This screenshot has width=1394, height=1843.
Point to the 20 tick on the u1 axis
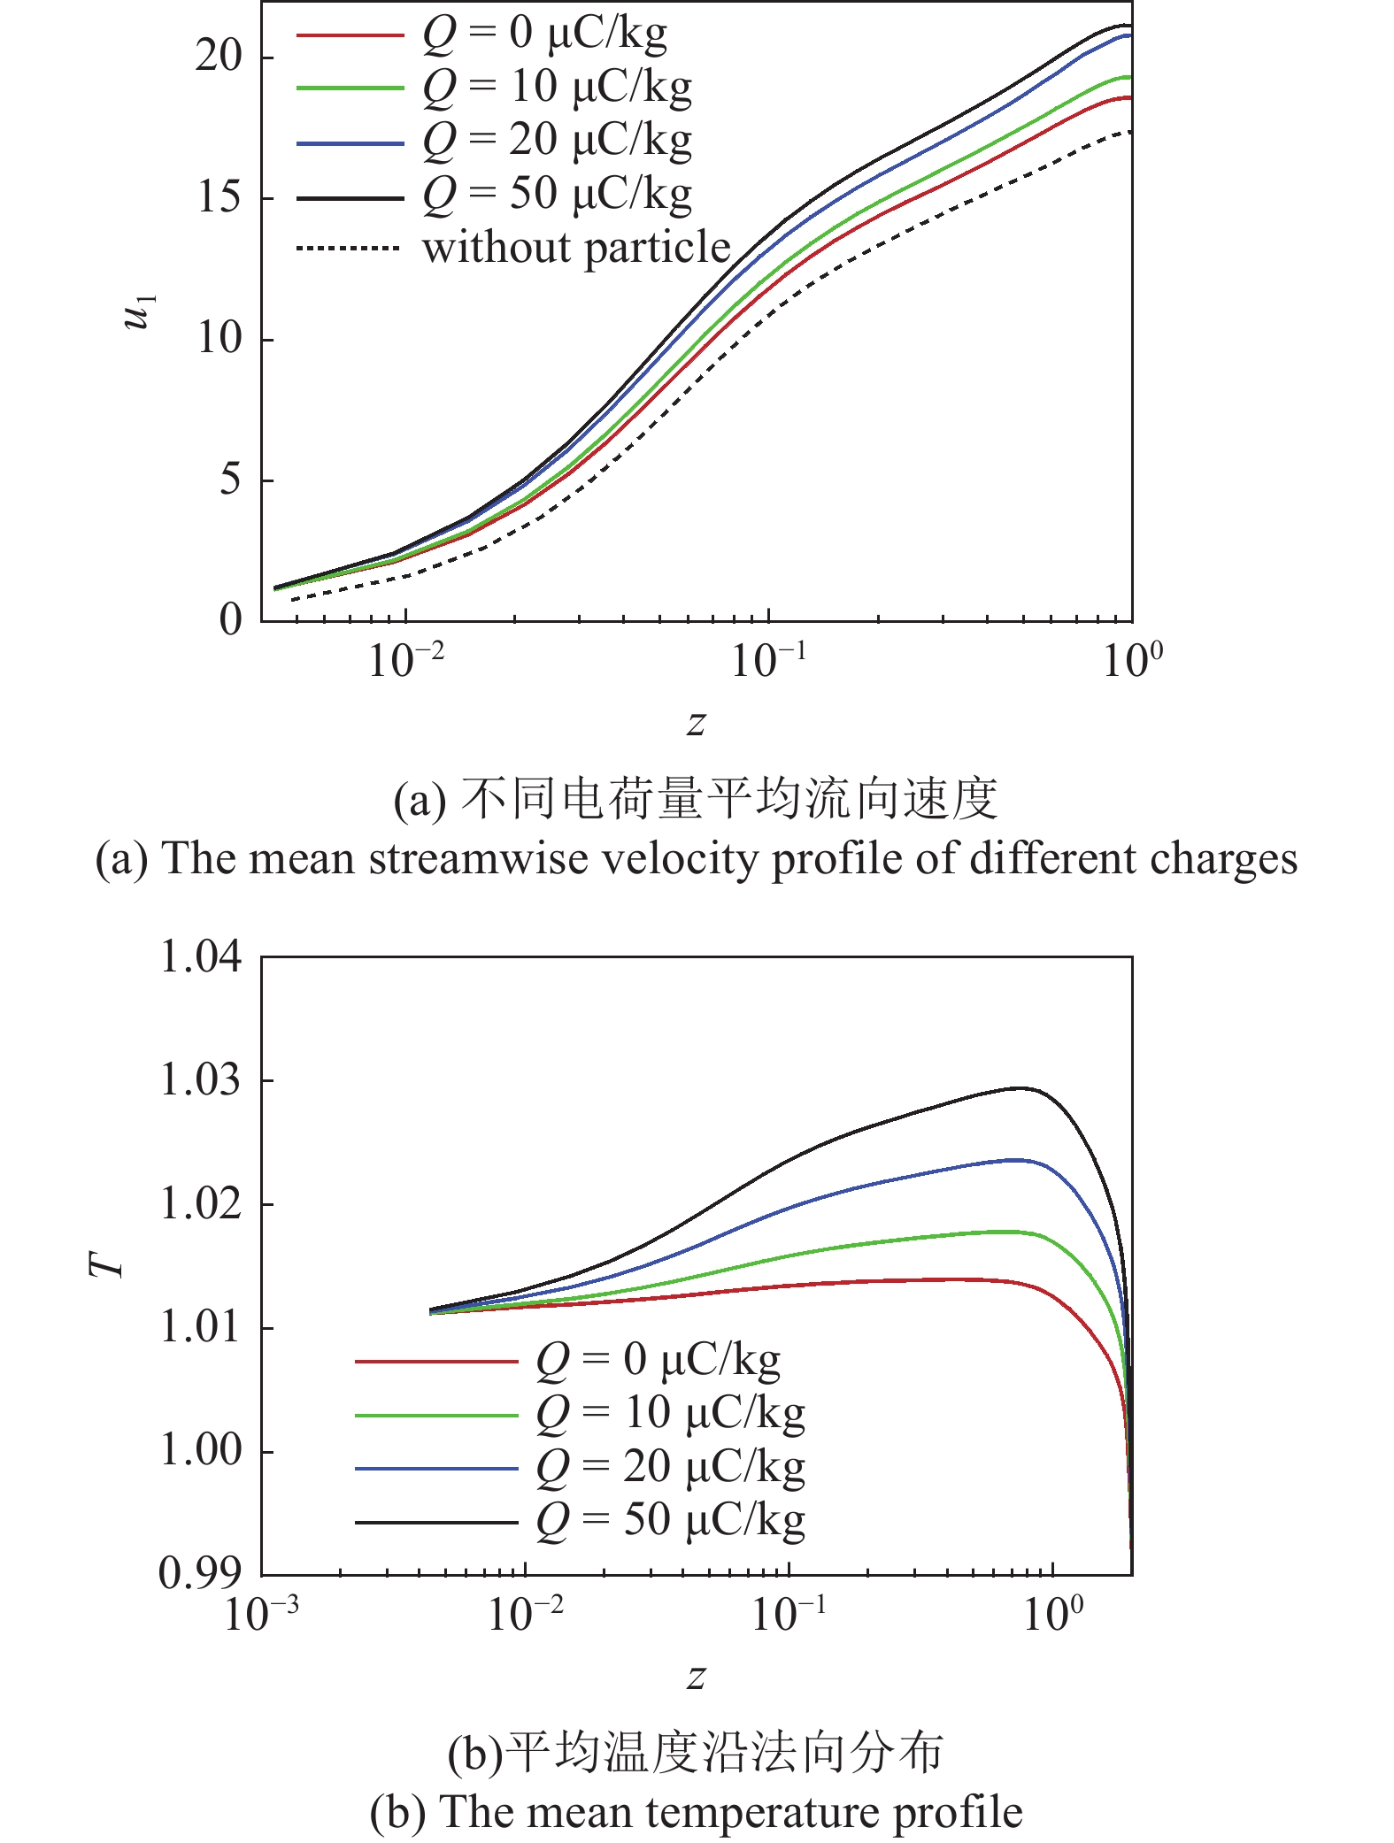coord(219,57)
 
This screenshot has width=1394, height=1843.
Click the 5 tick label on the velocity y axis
coord(229,480)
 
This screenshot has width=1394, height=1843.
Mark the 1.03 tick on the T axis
coord(200,1080)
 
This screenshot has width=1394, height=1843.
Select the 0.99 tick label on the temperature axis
coord(200,1573)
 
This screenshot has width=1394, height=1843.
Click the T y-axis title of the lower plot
coord(107,1266)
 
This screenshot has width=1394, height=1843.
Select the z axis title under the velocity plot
coord(697,724)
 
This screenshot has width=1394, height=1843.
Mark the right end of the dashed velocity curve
coord(1130,132)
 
